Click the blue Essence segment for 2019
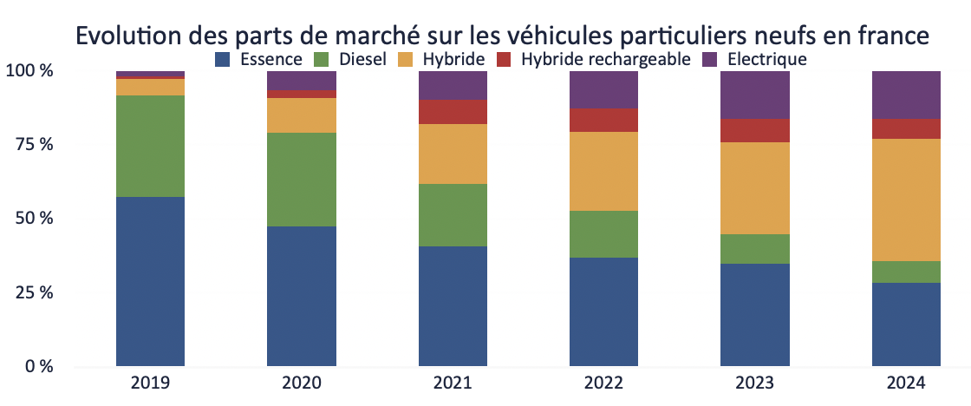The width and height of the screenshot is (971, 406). tap(150, 281)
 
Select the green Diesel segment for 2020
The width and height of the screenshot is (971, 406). tap(302, 180)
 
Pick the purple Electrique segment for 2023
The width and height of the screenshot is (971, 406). tap(754, 95)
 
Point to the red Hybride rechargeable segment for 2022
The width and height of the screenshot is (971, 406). tap(603, 120)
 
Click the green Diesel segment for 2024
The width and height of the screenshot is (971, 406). tap(906, 272)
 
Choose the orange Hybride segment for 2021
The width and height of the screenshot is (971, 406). tap(453, 154)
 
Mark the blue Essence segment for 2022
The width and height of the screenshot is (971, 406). tap(603, 311)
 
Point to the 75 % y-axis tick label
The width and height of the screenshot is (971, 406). tap(29, 144)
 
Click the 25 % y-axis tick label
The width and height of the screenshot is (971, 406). tap(29, 292)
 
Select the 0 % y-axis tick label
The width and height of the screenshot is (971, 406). tap(35, 366)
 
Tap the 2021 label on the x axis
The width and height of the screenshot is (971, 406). tap(453, 383)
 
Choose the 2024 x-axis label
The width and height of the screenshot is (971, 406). tap(906, 383)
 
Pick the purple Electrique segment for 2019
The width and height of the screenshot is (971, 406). tap(150, 74)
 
